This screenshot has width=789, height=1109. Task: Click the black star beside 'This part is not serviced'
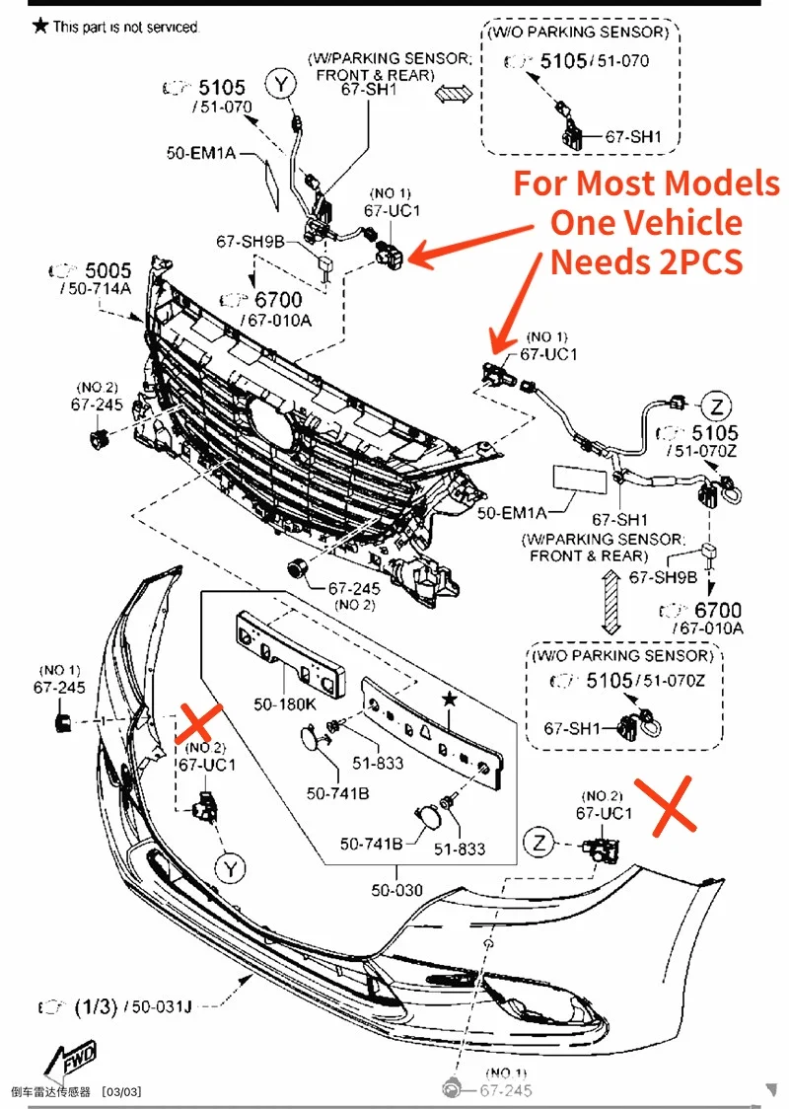click(x=39, y=26)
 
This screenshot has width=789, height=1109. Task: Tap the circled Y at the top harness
click(x=283, y=85)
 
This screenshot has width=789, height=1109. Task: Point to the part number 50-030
click(x=396, y=890)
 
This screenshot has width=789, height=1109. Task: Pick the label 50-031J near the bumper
click(x=160, y=1006)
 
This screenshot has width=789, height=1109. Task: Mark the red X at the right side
click(x=665, y=805)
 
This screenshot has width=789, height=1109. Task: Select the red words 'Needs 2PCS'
click(x=646, y=261)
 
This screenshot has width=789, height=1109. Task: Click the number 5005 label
click(x=108, y=269)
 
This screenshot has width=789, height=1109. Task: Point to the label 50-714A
click(x=95, y=288)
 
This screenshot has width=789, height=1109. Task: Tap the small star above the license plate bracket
click(x=450, y=699)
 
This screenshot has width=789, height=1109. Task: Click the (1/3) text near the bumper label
click(x=96, y=1006)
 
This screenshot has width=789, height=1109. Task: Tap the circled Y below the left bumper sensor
click(x=230, y=867)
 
